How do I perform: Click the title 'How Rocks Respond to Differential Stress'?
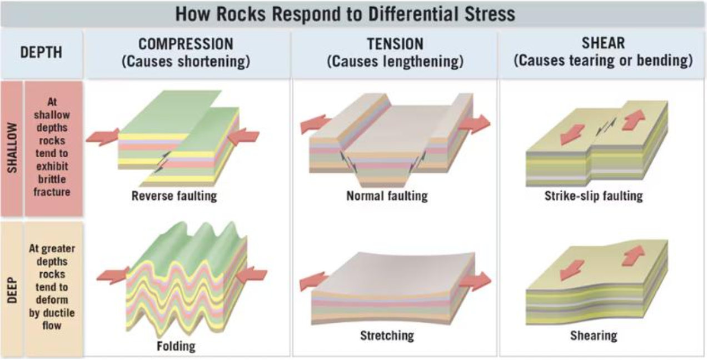coord(345,14)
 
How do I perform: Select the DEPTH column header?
coord(42,53)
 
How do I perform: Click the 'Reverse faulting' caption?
coord(174,196)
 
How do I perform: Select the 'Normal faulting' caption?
coord(387,196)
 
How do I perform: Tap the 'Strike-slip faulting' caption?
coord(594,196)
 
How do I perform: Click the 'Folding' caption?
coord(176,346)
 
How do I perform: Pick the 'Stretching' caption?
coord(387,335)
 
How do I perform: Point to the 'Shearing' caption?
coord(593,335)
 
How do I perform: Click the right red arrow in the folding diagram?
coord(251,276)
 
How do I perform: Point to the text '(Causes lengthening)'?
coord(395,61)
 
